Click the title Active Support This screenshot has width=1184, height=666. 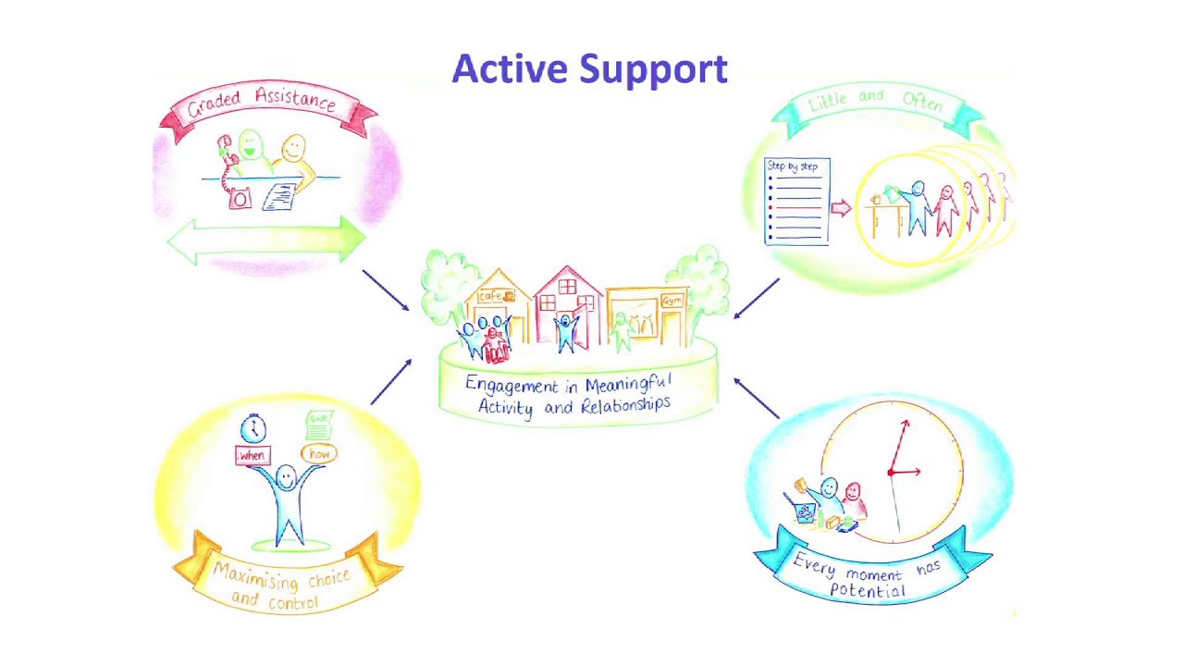(589, 69)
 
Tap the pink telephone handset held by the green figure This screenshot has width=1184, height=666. (225, 149)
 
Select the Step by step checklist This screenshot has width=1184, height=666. (797, 202)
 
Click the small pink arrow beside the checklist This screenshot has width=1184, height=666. (840, 207)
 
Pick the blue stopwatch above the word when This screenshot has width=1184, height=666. (253, 429)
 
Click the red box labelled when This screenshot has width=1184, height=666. (252, 455)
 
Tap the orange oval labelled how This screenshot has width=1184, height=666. (319, 453)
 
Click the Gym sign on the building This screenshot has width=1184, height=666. (672, 301)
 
